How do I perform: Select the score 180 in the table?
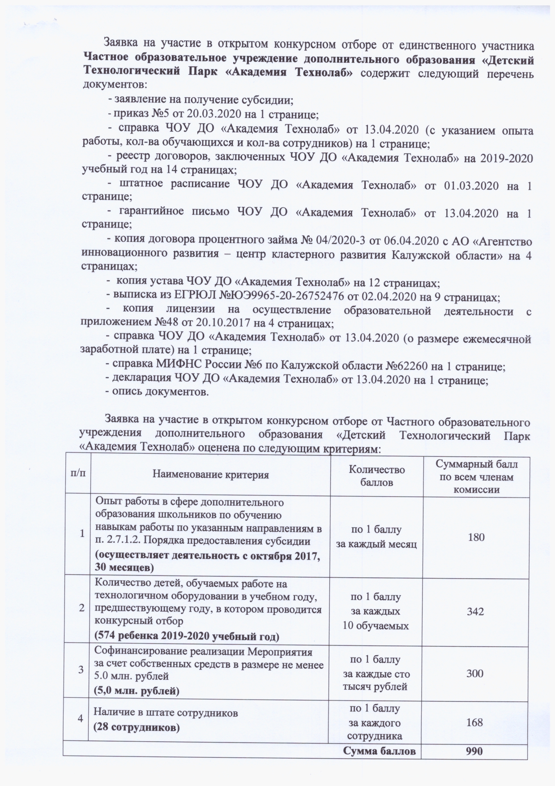click(x=476, y=537)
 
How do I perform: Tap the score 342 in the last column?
click(x=475, y=611)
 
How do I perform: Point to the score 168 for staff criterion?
click(x=474, y=722)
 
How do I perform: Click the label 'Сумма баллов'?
click(x=382, y=751)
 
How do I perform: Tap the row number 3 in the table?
click(x=81, y=670)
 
